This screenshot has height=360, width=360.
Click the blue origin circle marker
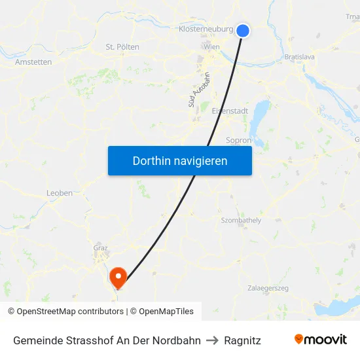(243, 31)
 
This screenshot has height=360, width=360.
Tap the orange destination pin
(118, 278)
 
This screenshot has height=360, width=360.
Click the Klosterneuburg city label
(206, 29)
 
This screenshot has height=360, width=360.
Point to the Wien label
(211, 47)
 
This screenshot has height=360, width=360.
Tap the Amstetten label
(33, 62)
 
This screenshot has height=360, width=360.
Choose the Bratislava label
(300, 58)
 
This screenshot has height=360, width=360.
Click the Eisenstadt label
(230, 111)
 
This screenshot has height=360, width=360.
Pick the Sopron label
(238, 140)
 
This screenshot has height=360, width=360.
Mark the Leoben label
(60, 193)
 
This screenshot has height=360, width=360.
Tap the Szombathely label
(241, 221)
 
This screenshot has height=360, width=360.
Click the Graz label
(100, 248)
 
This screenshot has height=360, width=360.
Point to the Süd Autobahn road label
(193, 90)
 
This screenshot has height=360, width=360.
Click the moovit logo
(321, 340)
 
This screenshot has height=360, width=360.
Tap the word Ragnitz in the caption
(242, 340)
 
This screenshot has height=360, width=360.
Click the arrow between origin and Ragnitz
(212, 340)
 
